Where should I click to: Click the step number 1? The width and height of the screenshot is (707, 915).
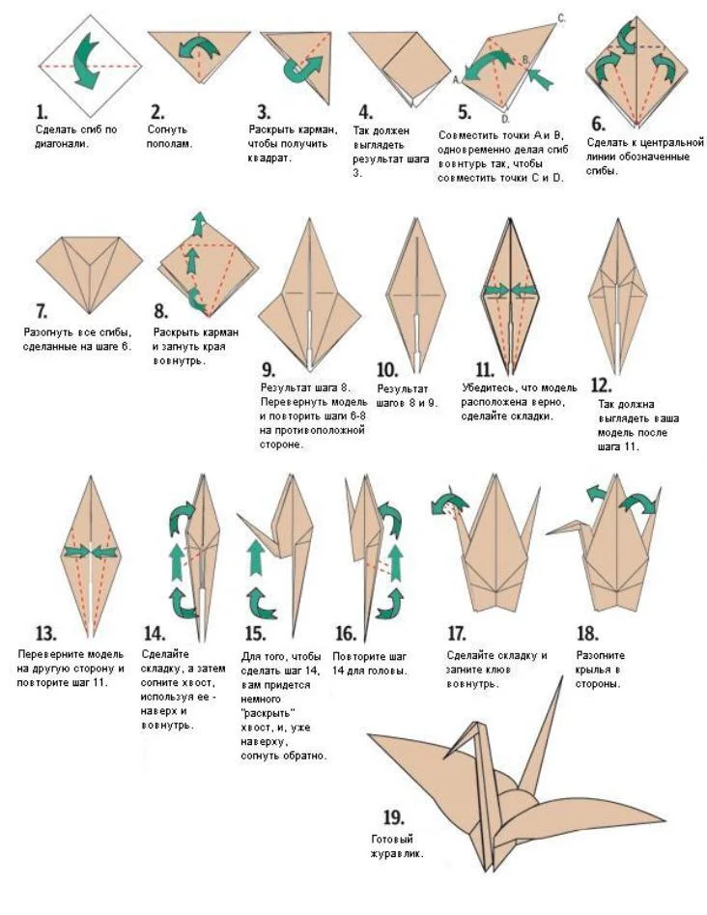[x=42, y=112]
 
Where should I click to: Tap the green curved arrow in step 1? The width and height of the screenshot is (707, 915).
[x=86, y=61]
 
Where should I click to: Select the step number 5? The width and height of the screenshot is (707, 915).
[x=465, y=112]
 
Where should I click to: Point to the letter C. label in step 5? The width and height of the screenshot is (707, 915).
[x=561, y=18]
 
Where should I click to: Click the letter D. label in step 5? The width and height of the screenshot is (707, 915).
[x=506, y=119]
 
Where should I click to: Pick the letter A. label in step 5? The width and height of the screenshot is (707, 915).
[x=456, y=80]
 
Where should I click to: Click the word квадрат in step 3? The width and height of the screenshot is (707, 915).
[x=269, y=158]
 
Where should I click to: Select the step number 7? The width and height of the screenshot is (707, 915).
[x=42, y=310]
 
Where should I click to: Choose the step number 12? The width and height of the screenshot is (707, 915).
[x=601, y=386]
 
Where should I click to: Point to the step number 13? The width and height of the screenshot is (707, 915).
[x=46, y=633]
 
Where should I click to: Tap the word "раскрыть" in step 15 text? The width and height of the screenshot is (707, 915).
[x=268, y=713]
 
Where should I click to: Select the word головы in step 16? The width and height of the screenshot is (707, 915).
[x=387, y=672]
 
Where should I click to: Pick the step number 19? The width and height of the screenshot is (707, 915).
[x=393, y=817]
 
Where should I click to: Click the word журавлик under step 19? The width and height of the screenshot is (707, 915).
[x=397, y=853]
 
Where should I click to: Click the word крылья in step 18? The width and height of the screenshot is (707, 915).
[x=593, y=670]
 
